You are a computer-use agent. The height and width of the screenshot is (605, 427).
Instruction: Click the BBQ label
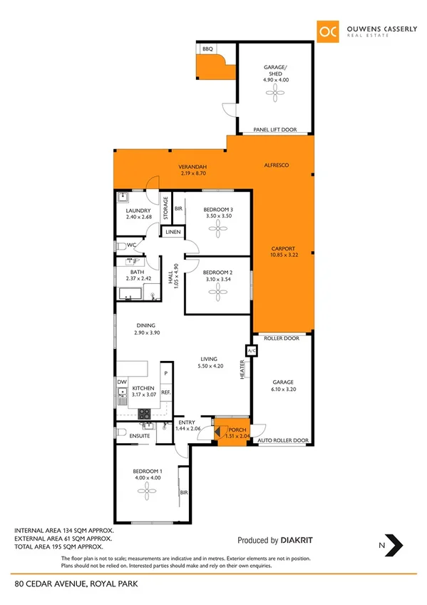coord(208,49)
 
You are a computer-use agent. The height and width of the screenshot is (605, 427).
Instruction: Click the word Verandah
coord(191,167)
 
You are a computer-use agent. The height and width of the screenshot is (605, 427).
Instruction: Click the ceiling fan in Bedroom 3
coord(218,228)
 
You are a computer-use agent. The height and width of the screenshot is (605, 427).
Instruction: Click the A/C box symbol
coord(251,351)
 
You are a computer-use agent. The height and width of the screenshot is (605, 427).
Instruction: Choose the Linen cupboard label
coord(173,233)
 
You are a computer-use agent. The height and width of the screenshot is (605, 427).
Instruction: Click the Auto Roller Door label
coord(282,441)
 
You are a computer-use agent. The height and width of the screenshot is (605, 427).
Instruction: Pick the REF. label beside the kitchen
coord(165,392)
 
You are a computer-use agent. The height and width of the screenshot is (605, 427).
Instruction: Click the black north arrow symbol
coord(394,546)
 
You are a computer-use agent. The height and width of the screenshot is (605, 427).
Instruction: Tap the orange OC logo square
coord(328,31)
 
